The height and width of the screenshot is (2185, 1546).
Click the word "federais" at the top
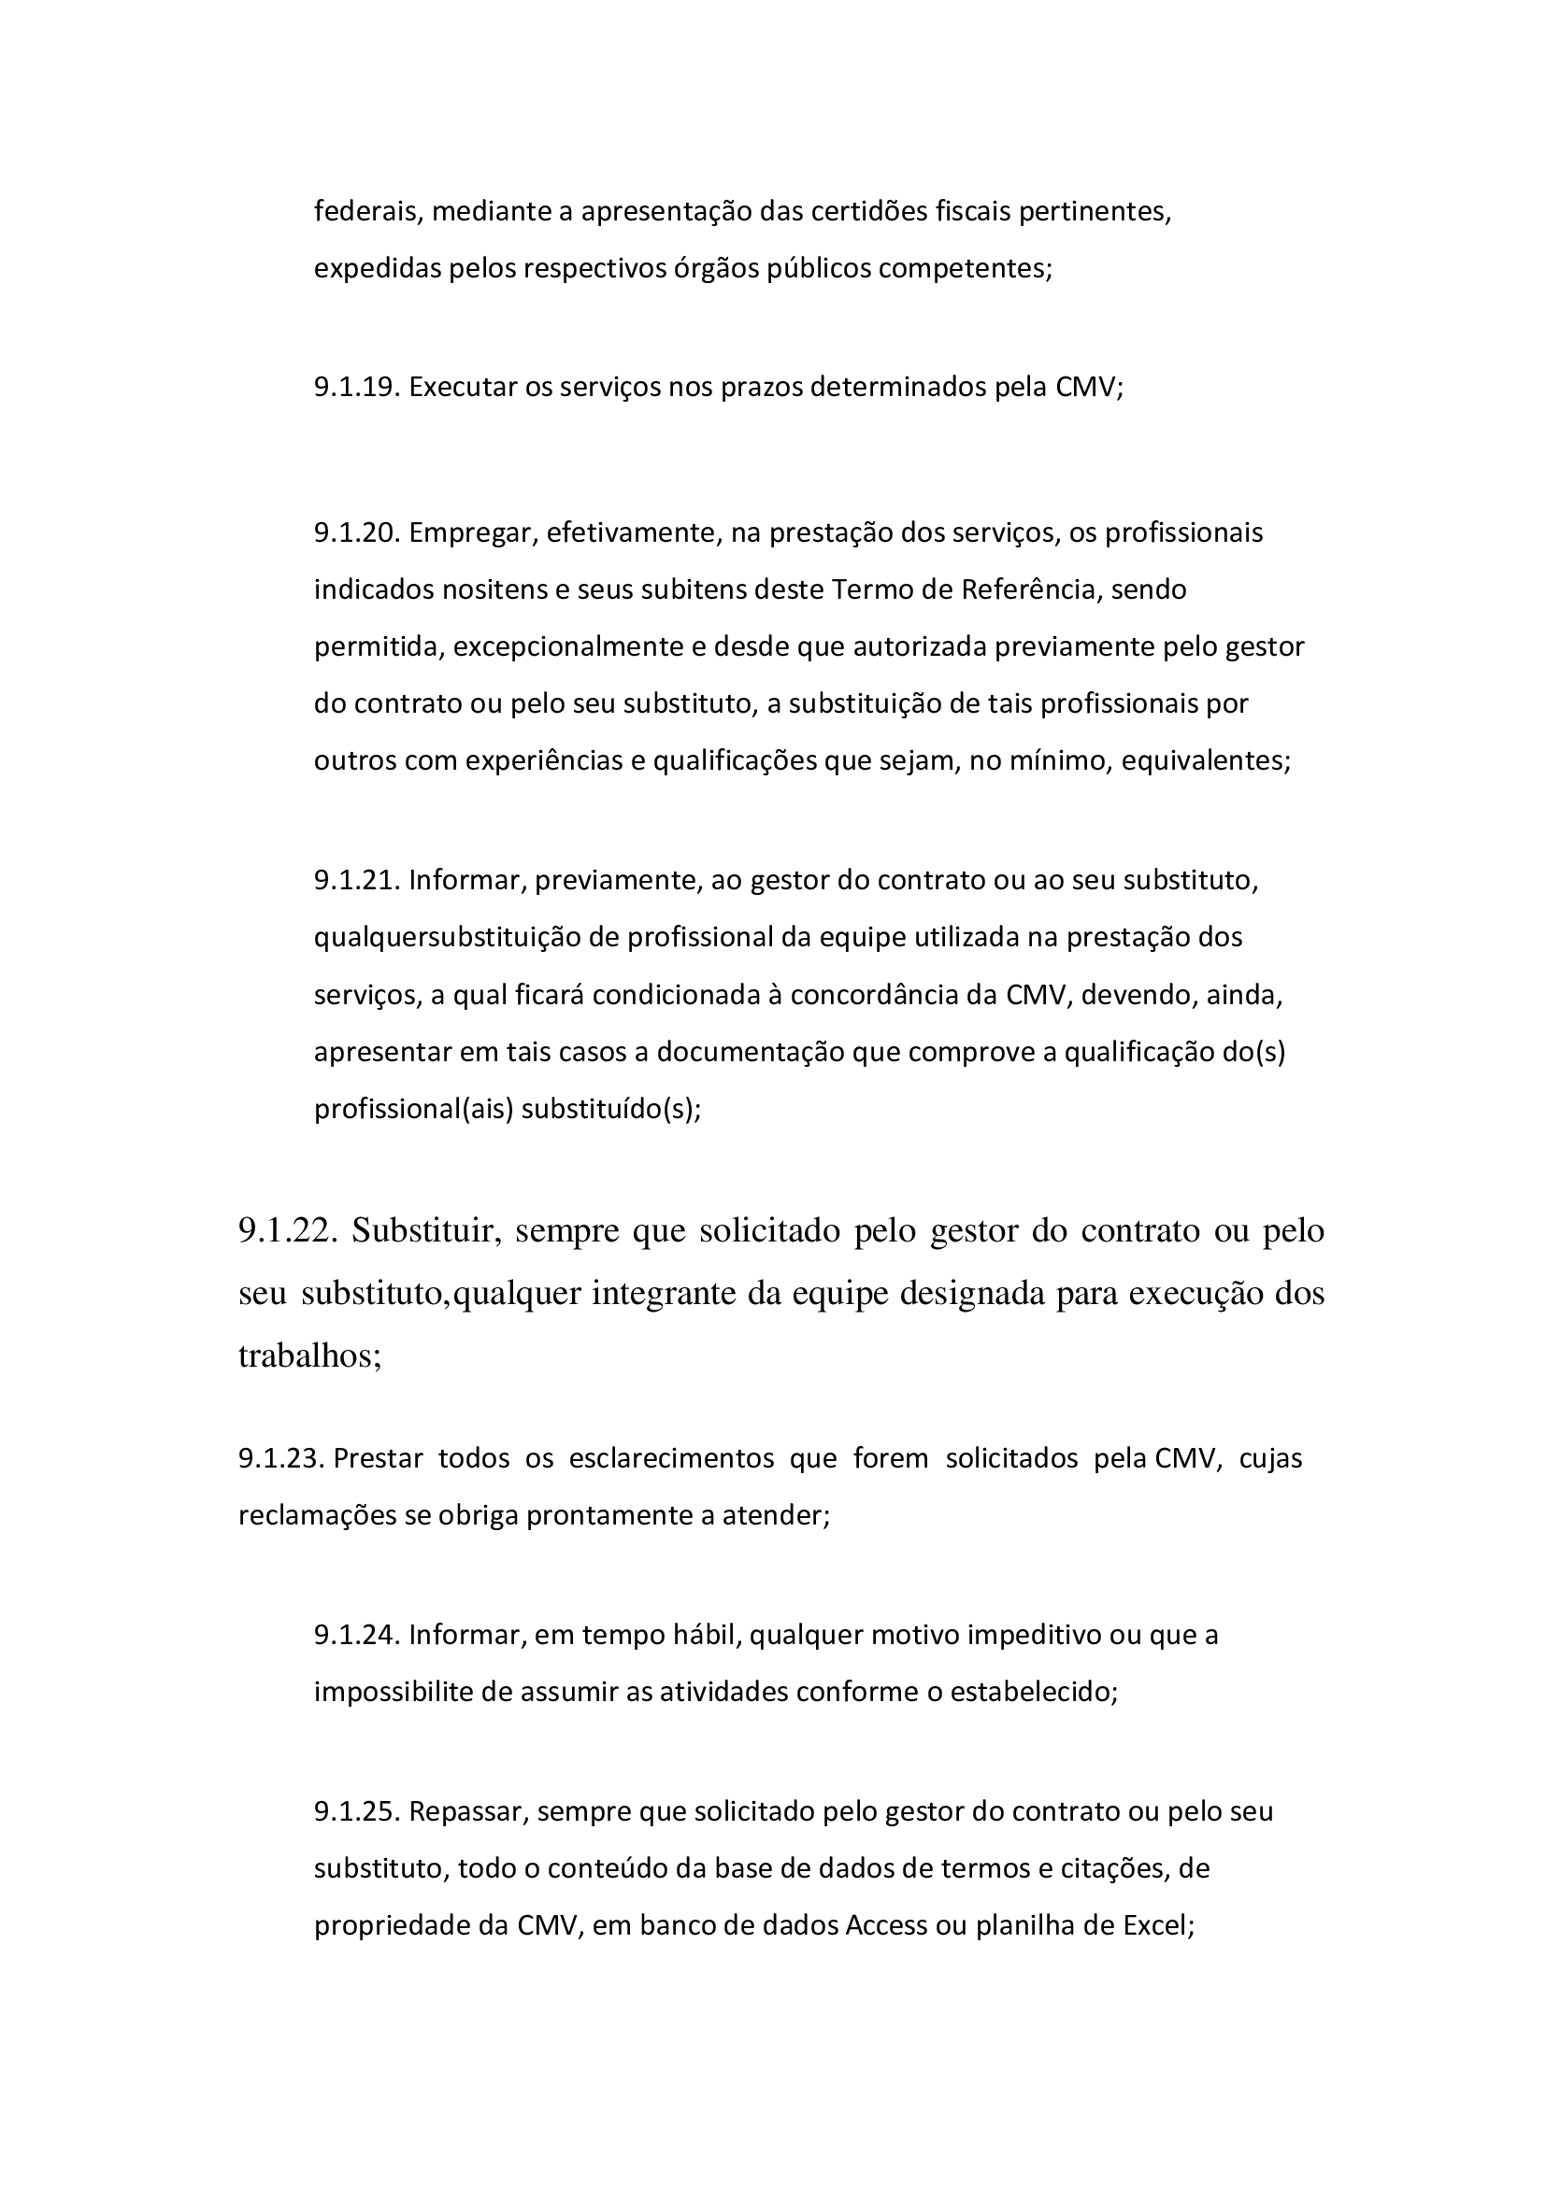point(367,211)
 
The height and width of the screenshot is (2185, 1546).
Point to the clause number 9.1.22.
point(288,1231)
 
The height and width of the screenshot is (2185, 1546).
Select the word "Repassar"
point(467,1811)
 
